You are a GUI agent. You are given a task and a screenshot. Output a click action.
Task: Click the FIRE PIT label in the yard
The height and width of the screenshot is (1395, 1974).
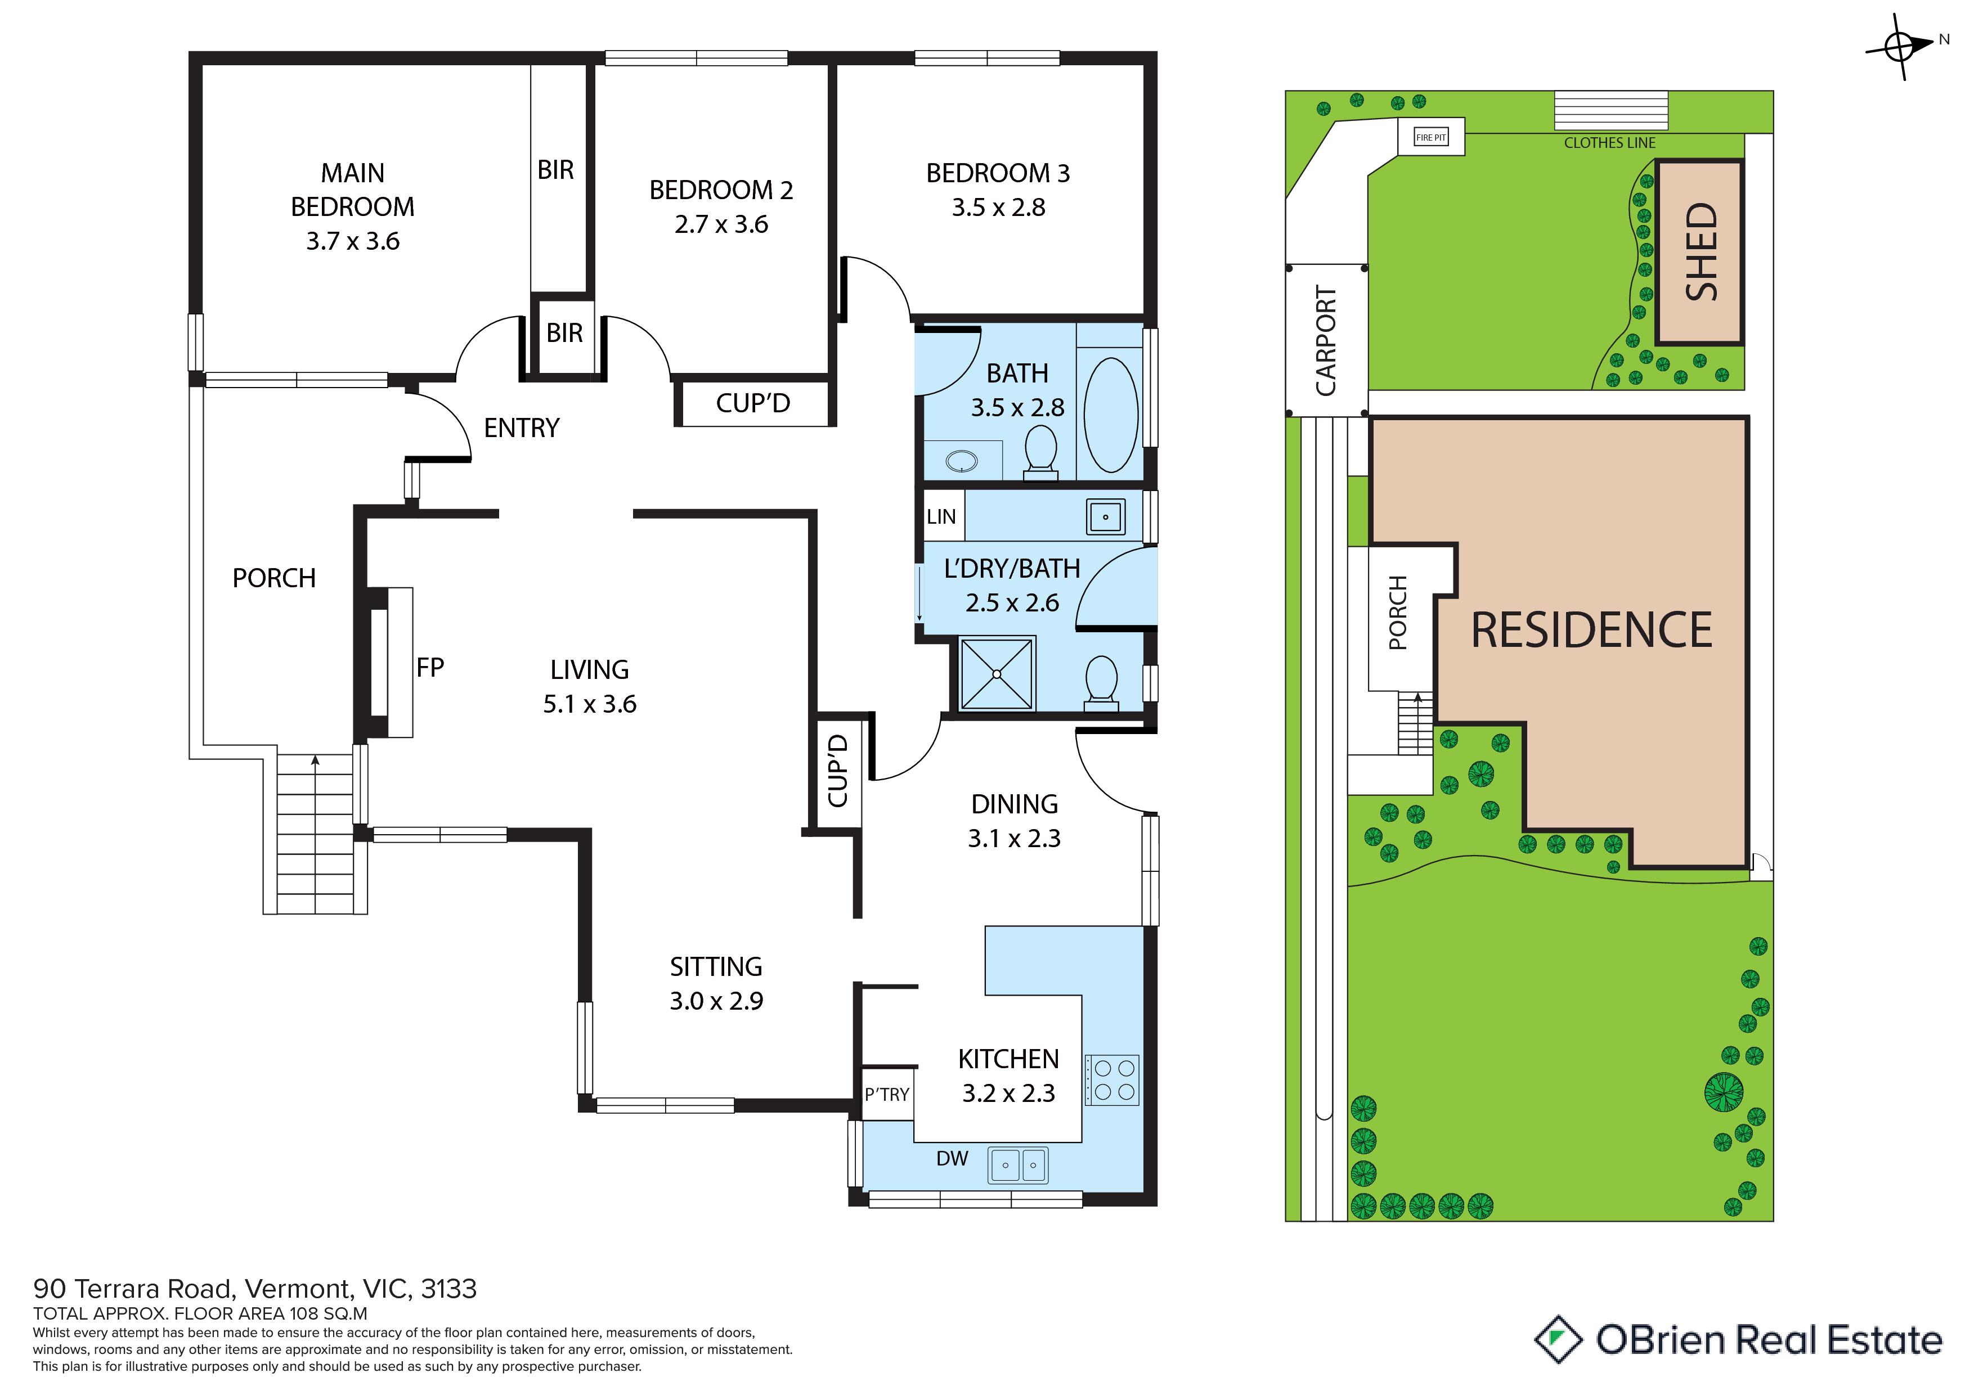[x=1430, y=137]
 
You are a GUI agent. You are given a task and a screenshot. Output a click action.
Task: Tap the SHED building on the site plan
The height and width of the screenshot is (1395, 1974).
[x=1700, y=252]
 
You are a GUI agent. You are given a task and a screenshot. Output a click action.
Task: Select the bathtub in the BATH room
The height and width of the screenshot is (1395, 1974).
[x=1111, y=415]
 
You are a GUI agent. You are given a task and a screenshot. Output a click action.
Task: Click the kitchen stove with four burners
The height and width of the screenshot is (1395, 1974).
[x=1112, y=1079]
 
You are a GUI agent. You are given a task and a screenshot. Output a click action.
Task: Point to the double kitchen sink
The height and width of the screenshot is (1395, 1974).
[x=1019, y=1165]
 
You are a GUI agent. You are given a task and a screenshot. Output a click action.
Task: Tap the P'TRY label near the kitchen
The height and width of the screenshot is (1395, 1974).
[x=886, y=1094]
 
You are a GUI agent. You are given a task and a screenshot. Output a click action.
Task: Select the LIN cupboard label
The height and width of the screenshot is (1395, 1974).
[x=941, y=516]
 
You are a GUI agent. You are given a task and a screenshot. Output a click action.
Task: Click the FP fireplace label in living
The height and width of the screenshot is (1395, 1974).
[x=430, y=667]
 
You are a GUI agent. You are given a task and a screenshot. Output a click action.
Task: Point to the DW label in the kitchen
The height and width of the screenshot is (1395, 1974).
[x=952, y=1159]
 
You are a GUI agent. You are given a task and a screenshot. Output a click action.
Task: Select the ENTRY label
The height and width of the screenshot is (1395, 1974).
[x=522, y=428]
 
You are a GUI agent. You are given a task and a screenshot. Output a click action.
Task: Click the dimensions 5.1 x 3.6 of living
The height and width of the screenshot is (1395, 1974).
[x=590, y=704]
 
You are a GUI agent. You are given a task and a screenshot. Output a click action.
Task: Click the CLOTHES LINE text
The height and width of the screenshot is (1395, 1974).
[x=1609, y=143]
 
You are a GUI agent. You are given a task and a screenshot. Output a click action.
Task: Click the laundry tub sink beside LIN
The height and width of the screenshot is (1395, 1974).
[x=1106, y=516]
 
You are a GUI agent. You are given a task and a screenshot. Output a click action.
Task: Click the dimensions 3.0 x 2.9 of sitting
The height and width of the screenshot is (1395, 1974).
[x=716, y=1001]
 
